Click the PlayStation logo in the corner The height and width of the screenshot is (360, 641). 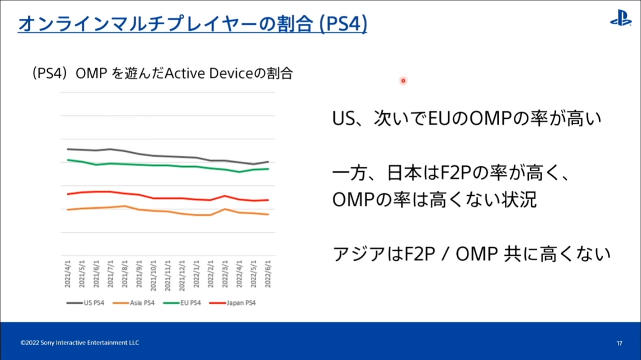coord(621,18)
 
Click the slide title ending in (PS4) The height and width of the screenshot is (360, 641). coord(192,24)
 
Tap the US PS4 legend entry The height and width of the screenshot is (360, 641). coord(86,303)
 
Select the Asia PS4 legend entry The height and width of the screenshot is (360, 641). coord(134,303)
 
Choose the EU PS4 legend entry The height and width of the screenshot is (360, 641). coord(182,303)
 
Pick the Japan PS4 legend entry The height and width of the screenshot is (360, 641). coord(233,303)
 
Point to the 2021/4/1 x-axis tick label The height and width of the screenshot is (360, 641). coord(67,274)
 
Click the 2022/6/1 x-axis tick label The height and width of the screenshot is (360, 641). coord(268,274)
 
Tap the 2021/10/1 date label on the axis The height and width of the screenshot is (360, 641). coord(153,276)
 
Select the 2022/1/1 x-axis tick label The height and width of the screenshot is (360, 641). coord(196,274)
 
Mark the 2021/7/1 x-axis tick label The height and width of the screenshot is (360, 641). coord(110,274)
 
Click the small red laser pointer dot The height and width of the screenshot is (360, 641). coord(403,81)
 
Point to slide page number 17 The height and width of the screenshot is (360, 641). coord(619,343)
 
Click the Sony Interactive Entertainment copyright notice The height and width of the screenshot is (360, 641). coord(80,343)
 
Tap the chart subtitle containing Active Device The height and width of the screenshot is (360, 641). coord(163,73)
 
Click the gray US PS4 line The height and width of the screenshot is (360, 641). coord(168,156)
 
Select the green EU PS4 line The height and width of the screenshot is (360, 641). coord(168,165)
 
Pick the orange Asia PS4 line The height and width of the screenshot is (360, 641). coord(168,211)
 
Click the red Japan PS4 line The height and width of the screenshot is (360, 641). coord(168,198)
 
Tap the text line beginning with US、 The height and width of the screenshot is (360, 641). coord(467,119)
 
